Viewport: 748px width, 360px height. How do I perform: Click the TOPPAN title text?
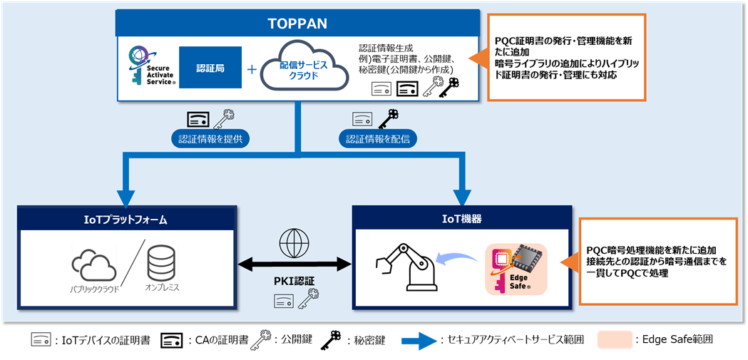click(297, 24)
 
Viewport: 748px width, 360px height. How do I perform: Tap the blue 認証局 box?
click(210, 68)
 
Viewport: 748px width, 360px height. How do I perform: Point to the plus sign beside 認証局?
click(251, 70)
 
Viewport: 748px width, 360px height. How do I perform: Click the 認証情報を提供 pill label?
click(212, 138)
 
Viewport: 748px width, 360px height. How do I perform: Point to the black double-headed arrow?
click(294, 265)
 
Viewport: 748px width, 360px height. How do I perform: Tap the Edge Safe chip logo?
click(516, 269)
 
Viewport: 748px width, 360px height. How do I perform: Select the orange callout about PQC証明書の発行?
click(567, 56)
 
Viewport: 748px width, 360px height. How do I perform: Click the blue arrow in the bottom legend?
click(419, 341)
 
